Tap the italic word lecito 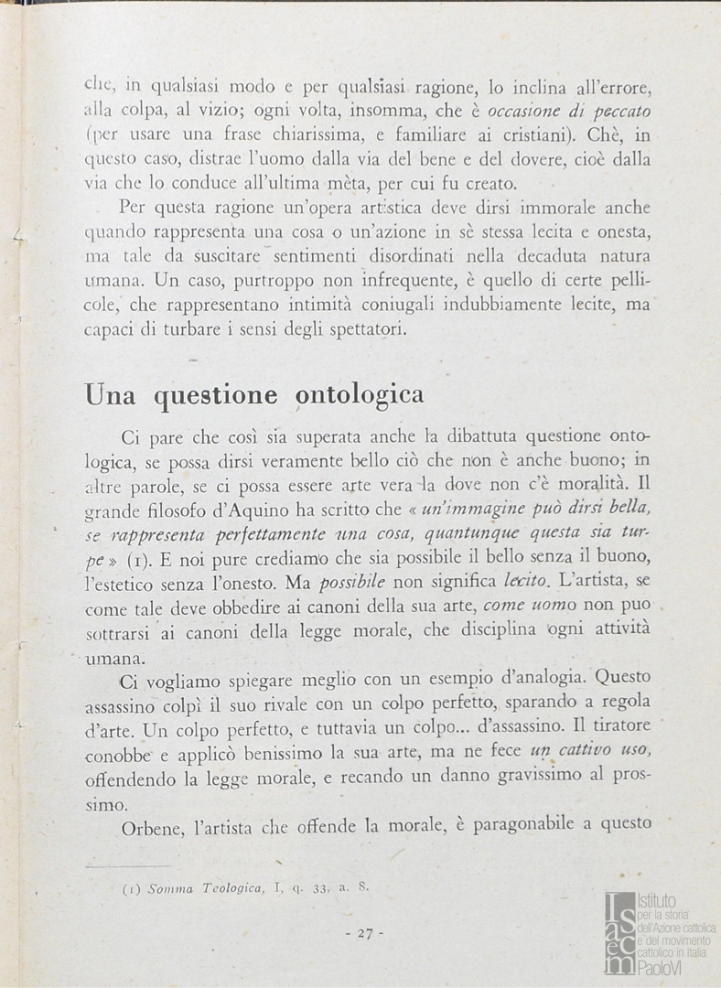pyautogui.click(x=526, y=580)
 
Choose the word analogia pyautogui.click(x=546, y=679)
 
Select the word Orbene pyautogui.click(x=153, y=826)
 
